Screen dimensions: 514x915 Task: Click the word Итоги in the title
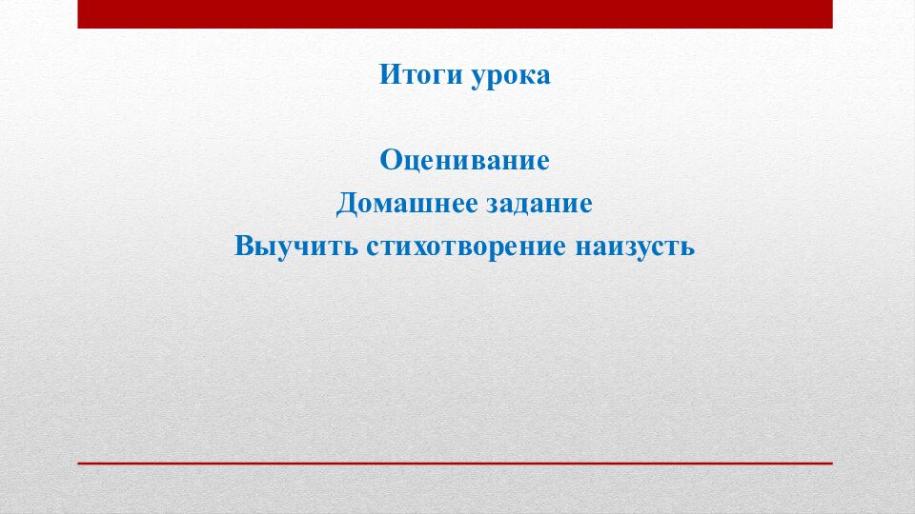point(419,75)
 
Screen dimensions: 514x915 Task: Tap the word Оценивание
point(465,159)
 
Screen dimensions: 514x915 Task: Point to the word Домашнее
point(394,204)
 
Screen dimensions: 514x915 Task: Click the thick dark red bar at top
point(455,13)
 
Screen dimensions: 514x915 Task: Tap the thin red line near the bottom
point(455,463)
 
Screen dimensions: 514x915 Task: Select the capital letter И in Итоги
point(389,75)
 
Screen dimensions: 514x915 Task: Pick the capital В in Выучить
point(244,247)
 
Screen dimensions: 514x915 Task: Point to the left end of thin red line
point(80,463)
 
